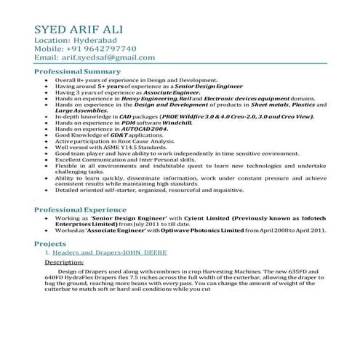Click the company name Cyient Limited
point(198,219)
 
